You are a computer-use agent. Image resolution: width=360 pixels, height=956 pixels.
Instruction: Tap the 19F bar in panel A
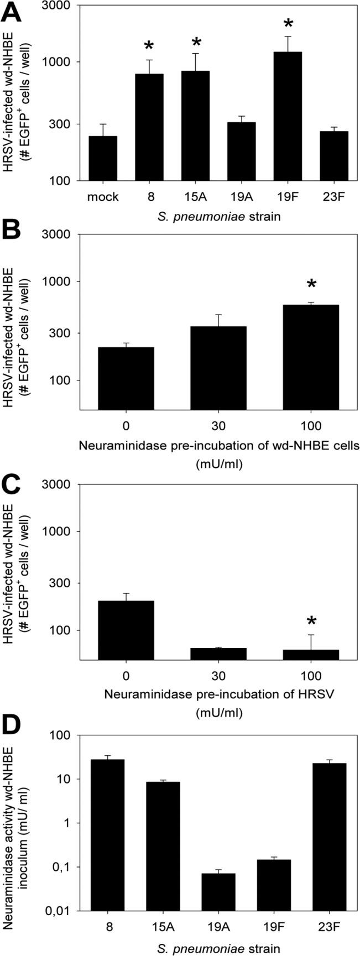(288, 116)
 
